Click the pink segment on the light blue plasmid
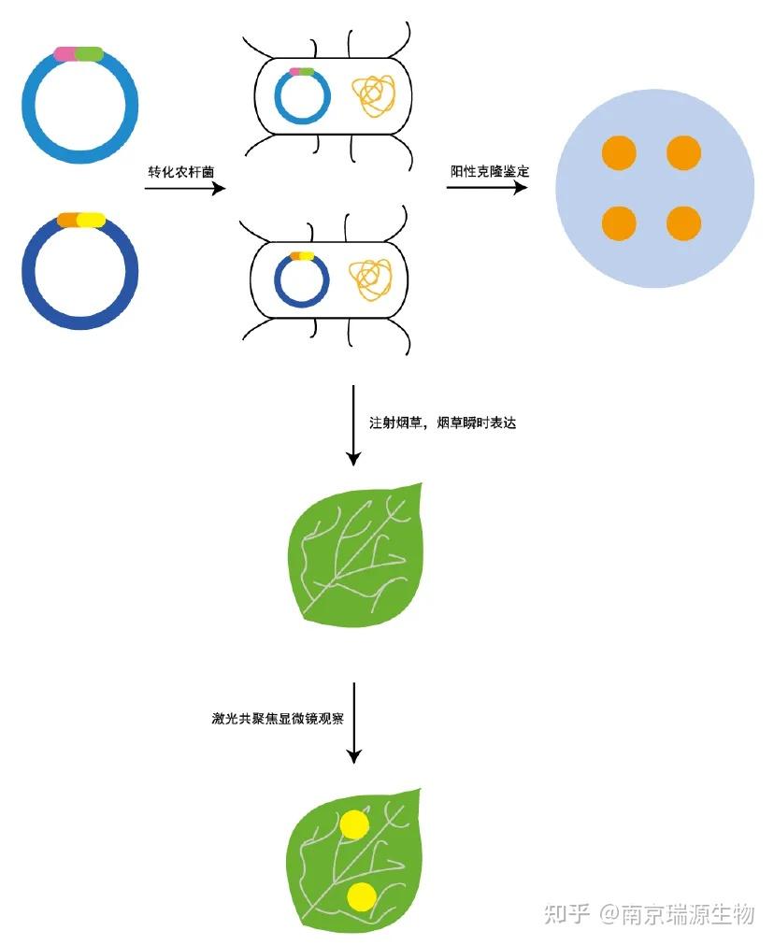(64, 54)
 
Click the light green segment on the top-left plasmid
(89, 54)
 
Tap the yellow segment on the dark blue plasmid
(91, 221)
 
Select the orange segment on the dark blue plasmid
(67, 221)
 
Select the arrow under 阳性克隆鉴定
(486, 188)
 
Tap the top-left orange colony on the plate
(619, 151)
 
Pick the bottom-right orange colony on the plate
(683, 223)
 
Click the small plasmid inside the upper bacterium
(302, 95)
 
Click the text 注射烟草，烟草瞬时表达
(444, 422)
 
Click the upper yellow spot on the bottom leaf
(354, 824)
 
